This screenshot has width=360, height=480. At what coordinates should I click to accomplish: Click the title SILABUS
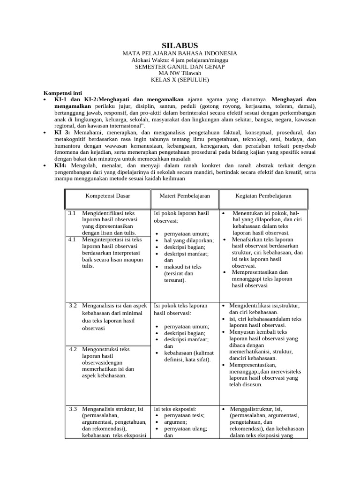180,45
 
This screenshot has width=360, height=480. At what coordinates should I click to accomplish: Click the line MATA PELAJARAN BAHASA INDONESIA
180,54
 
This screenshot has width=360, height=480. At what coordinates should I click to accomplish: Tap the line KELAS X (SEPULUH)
180,80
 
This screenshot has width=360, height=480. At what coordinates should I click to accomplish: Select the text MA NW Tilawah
180,73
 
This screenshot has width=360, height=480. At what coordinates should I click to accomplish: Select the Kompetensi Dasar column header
107,195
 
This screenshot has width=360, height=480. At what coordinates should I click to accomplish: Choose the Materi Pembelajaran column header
185,195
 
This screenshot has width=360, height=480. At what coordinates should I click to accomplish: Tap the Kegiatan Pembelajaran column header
263,195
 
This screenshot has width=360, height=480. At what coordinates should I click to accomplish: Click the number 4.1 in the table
72,240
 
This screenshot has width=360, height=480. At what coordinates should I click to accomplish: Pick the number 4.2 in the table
73,349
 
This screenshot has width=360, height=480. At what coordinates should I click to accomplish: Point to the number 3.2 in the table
73,306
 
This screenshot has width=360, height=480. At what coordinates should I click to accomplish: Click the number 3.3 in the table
73,409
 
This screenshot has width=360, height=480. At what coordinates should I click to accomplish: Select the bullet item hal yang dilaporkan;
189,240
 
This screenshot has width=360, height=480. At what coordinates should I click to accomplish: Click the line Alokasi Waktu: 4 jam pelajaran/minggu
180,60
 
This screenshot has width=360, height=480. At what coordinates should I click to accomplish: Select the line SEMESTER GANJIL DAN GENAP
180,67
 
